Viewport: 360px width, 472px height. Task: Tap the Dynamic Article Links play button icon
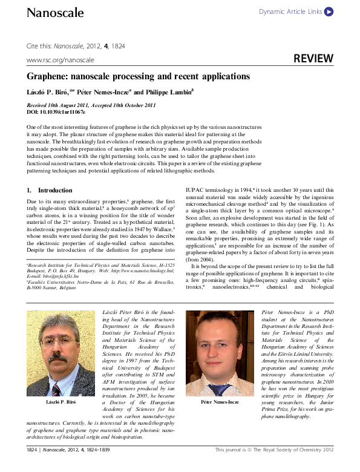click(x=329, y=11)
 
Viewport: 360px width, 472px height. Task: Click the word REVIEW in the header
click(x=313, y=59)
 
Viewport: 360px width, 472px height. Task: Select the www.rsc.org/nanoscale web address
click(x=61, y=60)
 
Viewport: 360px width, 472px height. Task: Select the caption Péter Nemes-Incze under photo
click(x=214, y=402)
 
